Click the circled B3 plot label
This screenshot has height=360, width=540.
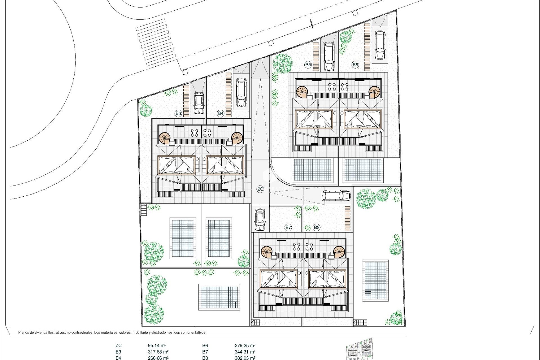click(178, 113)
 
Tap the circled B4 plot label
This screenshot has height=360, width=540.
click(220, 113)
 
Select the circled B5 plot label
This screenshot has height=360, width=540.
click(308, 65)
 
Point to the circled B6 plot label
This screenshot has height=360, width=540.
click(355, 65)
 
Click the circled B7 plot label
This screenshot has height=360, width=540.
click(288, 227)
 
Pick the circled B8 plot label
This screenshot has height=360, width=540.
click(317, 227)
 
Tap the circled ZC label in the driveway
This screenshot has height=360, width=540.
click(260, 189)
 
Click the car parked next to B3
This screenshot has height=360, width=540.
click(199, 103)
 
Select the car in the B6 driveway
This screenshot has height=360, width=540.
click(380, 45)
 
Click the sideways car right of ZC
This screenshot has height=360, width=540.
click(336, 196)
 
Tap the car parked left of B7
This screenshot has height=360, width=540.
click(260, 219)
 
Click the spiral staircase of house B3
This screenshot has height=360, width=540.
click(165, 138)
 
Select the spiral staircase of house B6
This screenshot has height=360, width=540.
click(375, 91)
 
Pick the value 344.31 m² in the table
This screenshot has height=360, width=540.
click(245, 352)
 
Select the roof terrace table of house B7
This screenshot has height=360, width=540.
click(296, 247)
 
